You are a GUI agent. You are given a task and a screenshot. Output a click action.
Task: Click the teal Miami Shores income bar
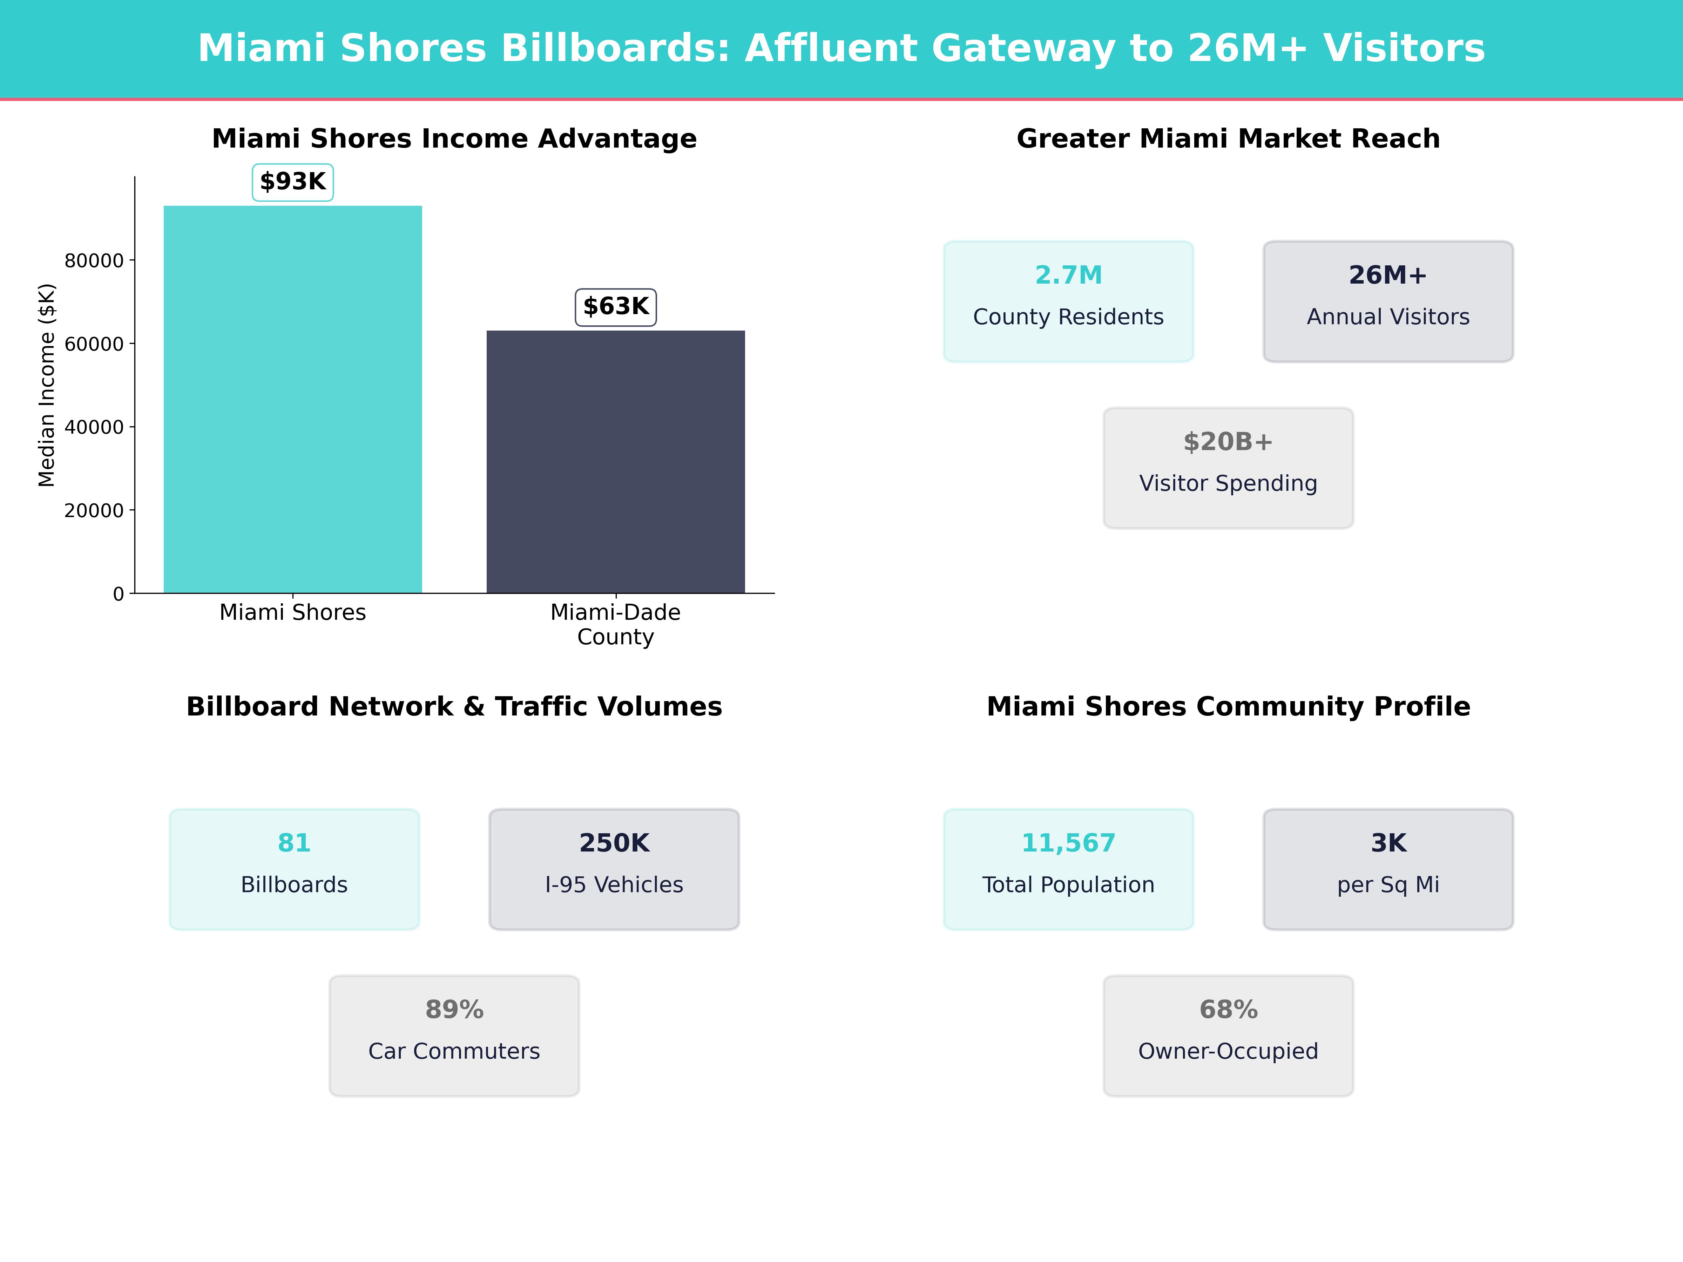tap(293, 399)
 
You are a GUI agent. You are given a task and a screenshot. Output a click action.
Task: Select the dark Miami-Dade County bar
tap(616, 462)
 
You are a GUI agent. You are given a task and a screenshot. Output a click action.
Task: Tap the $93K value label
tap(293, 182)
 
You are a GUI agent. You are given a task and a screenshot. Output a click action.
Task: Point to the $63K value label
tap(616, 307)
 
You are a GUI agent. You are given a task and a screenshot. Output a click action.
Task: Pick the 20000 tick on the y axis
tap(94, 510)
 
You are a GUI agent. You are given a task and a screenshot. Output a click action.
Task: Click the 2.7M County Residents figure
tap(1068, 276)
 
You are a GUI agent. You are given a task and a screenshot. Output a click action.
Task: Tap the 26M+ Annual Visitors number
tap(1388, 276)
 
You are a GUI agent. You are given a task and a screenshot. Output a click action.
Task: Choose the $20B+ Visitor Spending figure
tap(1228, 442)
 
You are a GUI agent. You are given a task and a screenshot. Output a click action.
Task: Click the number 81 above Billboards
tap(295, 843)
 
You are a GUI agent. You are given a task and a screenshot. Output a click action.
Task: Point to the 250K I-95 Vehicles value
tap(614, 843)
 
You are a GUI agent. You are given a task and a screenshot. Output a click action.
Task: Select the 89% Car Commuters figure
tap(454, 1010)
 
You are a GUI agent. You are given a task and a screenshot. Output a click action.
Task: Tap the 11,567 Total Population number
tap(1068, 843)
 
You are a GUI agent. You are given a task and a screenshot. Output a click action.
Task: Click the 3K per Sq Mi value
tap(1388, 843)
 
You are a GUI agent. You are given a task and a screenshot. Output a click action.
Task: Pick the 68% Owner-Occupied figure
tap(1228, 1010)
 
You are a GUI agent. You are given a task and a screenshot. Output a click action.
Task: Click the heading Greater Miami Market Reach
tap(1228, 138)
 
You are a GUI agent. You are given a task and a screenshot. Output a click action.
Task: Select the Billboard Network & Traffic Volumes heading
tap(454, 707)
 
